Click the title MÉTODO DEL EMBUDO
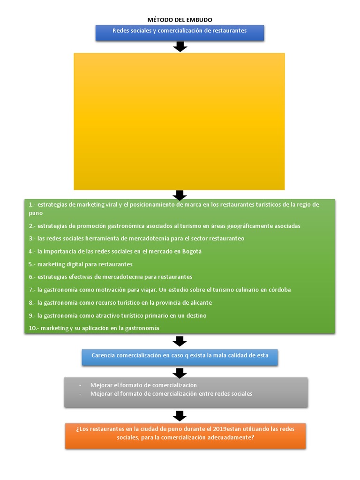tap(180, 20)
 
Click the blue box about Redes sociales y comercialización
tap(180, 33)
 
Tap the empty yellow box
tap(179, 121)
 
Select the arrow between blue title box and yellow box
tap(180, 47)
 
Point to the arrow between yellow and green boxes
tap(180, 195)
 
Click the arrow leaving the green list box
tap(180, 341)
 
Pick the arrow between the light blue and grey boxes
tap(180, 373)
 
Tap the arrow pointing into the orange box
tap(180, 416)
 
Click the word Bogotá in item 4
tap(192, 252)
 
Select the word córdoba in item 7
tap(279, 290)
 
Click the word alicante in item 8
tap(201, 303)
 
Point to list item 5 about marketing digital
tap(81, 264)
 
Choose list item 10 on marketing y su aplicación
tap(94, 328)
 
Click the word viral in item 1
tap(112, 204)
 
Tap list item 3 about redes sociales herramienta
tap(136, 239)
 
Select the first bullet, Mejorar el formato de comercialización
tap(143, 385)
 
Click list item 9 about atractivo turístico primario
tap(118, 315)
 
